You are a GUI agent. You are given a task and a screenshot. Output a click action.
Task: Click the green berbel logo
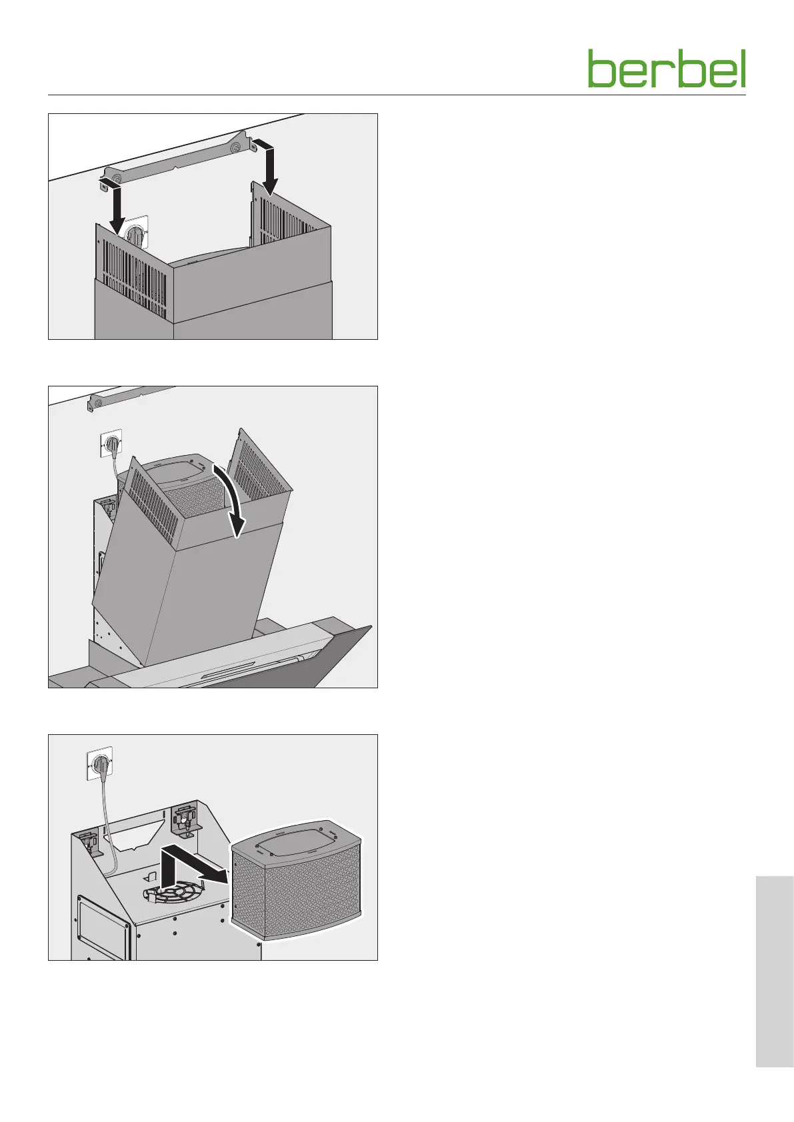[x=667, y=69]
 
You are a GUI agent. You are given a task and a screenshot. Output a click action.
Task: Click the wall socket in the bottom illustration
[x=99, y=764]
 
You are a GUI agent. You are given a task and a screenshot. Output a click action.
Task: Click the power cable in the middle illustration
[x=116, y=465]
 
